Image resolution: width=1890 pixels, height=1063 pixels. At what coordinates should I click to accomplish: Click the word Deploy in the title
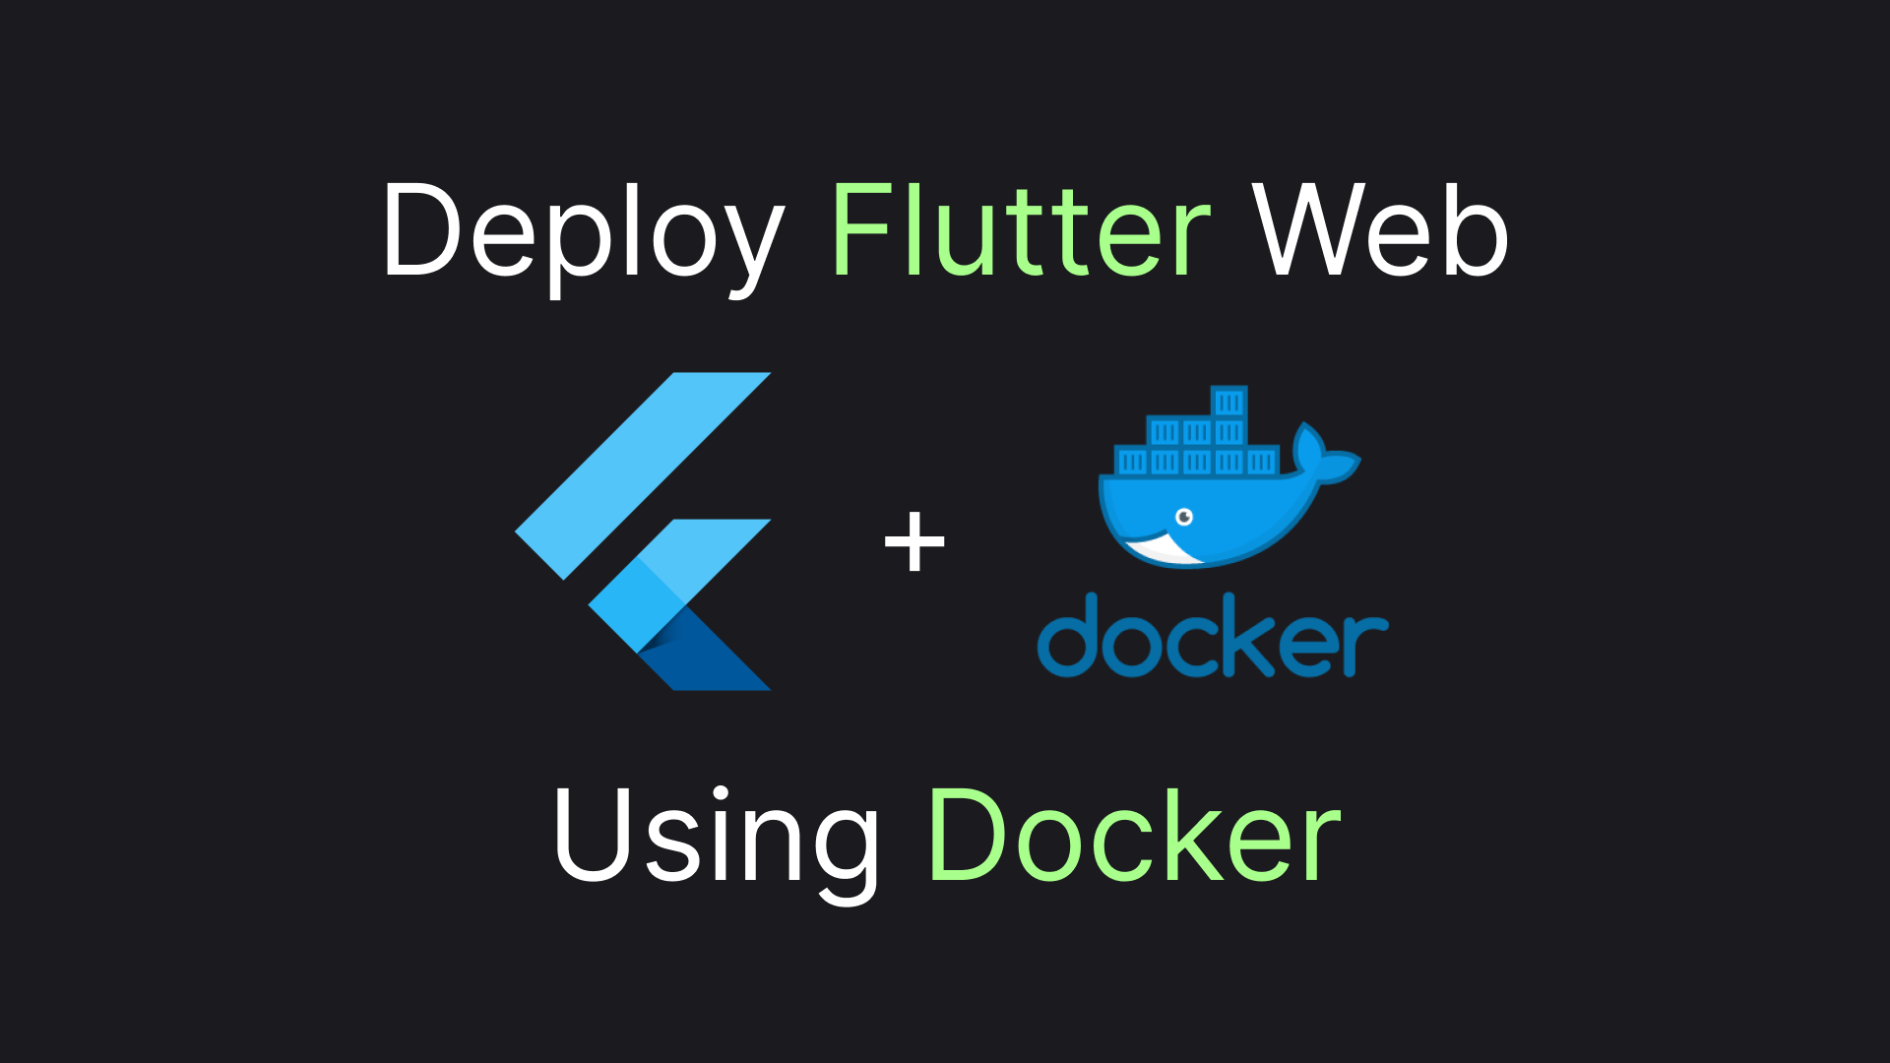(581, 234)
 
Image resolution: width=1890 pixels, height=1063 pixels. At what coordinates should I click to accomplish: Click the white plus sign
(914, 541)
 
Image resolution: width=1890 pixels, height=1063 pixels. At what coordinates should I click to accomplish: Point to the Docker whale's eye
(1184, 517)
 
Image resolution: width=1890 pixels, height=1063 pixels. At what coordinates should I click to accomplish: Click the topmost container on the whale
(1228, 402)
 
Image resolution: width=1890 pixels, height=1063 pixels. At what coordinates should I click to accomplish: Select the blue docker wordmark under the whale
(1212, 636)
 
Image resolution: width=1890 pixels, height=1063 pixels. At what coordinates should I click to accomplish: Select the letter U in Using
(591, 835)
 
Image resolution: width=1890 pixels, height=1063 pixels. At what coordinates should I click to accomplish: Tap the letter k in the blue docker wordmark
(1245, 636)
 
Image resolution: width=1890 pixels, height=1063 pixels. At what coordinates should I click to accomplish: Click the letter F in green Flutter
(861, 231)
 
